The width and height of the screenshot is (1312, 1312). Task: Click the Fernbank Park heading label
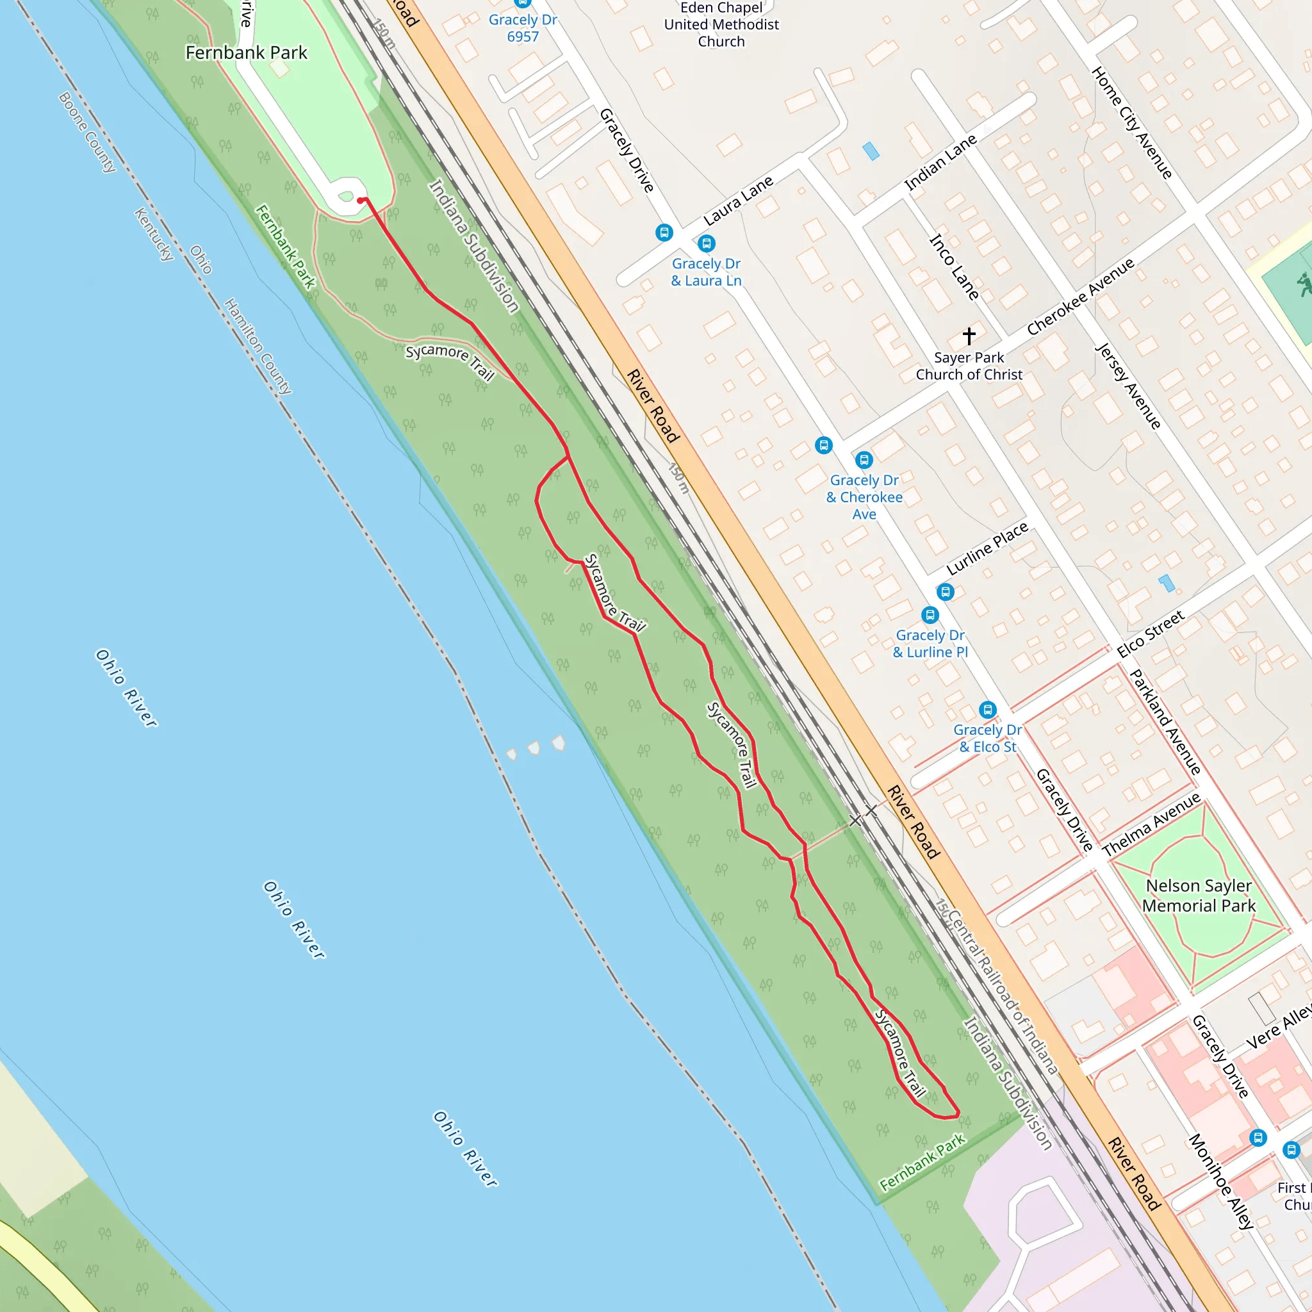click(x=247, y=53)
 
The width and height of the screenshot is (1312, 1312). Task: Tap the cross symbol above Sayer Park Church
click(x=969, y=336)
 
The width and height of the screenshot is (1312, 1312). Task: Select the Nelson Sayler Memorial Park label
click(x=1199, y=895)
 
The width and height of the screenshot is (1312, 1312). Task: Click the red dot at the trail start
click(x=360, y=201)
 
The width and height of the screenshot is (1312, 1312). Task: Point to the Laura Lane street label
click(x=738, y=201)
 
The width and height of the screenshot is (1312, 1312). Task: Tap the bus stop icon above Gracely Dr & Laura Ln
click(x=706, y=243)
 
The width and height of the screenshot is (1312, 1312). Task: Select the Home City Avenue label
click(x=1132, y=123)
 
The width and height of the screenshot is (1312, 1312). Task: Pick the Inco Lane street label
click(x=954, y=267)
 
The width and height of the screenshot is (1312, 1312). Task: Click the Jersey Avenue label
click(x=1129, y=386)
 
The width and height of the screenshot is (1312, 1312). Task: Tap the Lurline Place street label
click(x=987, y=549)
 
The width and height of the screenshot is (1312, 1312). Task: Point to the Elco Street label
click(x=1151, y=634)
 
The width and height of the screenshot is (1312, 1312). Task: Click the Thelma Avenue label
click(x=1151, y=824)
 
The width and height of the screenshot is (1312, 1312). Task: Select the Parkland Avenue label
click(x=1165, y=722)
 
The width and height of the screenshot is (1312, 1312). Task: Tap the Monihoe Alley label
click(x=1221, y=1181)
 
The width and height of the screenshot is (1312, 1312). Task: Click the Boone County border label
click(x=88, y=133)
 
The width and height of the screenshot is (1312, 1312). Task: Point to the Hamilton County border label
click(x=258, y=347)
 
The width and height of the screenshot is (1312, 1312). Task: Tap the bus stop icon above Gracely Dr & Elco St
click(x=987, y=710)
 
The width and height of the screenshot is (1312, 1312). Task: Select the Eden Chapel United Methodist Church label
click(x=721, y=24)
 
